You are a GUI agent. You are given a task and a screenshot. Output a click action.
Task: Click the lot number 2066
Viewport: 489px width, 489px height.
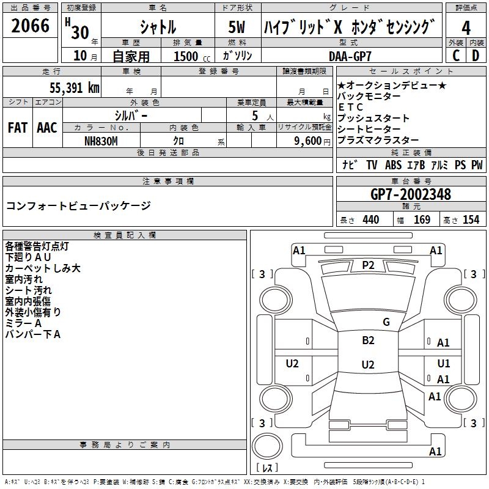(31, 26)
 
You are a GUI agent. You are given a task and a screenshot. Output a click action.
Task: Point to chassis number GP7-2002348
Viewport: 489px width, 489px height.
(411, 194)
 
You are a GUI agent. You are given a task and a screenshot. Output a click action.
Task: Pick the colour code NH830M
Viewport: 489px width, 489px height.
(101, 140)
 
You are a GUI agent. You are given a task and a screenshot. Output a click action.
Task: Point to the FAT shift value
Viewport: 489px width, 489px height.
(17, 128)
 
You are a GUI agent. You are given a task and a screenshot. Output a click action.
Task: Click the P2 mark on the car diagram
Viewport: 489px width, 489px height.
(368, 265)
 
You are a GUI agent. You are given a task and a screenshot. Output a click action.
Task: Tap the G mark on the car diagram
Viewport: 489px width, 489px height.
(386, 322)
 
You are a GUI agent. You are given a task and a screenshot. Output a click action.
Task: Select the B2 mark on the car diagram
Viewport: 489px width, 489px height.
(368, 340)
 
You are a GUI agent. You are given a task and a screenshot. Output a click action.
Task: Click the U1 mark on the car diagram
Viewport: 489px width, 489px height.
(444, 364)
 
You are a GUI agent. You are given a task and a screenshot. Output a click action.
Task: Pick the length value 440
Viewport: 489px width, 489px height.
(370, 220)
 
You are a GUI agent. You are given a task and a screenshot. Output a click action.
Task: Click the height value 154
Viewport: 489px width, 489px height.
(471, 220)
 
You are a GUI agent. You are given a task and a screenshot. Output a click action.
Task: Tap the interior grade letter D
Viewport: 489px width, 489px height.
(476, 56)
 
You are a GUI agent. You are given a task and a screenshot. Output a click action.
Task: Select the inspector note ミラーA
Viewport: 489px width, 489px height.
(23, 323)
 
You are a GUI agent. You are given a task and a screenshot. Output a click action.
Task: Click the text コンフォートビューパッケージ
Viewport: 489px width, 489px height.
(78, 205)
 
